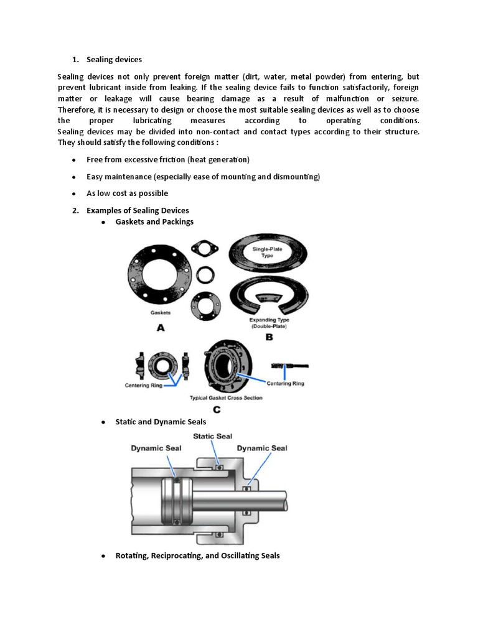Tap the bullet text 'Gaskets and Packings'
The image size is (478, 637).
pyautogui.click(x=154, y=221)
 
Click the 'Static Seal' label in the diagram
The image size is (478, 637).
pyautogui.click(x=213, y=436)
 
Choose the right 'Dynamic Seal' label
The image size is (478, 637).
pyautogui.click(x=262, y=448)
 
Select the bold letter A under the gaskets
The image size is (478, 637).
pyautogui.click(x=160, y=328)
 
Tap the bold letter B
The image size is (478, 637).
pyautogui.click(x=269, y=337)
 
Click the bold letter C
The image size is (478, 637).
pyautogui.click(x=217, y=409)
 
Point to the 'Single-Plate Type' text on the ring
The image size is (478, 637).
pyautogui.click(x=266, y=252)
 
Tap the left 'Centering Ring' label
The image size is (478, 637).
pyautogui.click(x=143, y=385)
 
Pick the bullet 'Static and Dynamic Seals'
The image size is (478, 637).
pyautogui.click(x=161, y=422)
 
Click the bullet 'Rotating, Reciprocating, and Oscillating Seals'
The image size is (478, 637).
pyautogui.click(x=197, y=556)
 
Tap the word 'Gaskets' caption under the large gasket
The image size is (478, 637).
pyautogui.click(x=161, y=314)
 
